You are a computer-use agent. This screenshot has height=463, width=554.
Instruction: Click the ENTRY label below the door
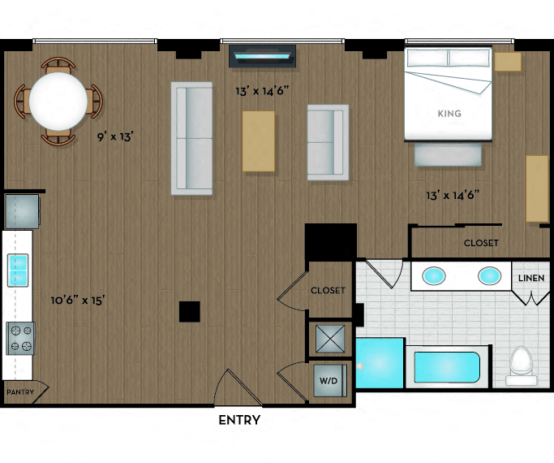(239, 420)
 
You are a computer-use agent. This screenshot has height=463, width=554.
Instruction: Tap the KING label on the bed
(449, 114)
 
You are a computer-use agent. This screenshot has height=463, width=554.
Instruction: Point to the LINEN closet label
(531, 279)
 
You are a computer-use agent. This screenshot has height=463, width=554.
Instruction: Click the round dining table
(58, 101)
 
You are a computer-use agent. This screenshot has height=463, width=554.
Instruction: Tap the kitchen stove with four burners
(20, 338)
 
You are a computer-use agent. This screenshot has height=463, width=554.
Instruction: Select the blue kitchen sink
(18, 270)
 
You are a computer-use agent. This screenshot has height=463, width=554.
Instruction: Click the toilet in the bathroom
(520, 365)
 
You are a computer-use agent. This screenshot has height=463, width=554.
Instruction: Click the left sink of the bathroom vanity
(435, 276)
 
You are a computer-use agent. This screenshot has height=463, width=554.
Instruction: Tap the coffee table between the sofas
(259, 141)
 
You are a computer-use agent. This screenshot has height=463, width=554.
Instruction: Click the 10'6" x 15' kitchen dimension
(78, 301)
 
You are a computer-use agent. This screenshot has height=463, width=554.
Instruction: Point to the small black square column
(190, 311)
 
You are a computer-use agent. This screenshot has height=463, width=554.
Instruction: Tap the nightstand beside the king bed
(508, 62)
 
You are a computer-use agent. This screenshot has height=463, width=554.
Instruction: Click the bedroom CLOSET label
(481, 243)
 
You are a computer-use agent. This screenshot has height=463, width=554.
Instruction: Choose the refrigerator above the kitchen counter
(21, 211)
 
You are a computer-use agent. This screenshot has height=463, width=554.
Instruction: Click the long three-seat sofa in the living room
(192, 138)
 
